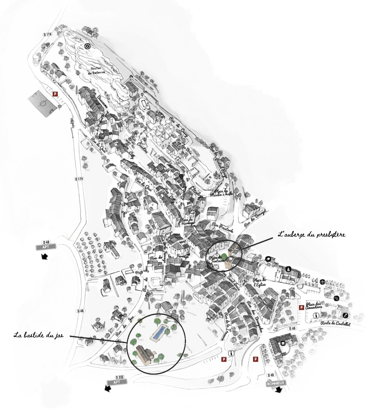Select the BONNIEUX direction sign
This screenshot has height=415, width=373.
click(x=276, y=383)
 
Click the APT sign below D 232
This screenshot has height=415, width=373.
click(x=117, y=382)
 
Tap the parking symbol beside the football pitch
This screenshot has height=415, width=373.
click(x=55, y=94)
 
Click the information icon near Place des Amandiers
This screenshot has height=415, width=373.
click(x=315, y=315)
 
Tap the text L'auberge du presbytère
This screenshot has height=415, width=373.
click(x=311, y=234)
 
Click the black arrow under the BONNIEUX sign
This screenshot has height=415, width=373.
click(x=278, y=390)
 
